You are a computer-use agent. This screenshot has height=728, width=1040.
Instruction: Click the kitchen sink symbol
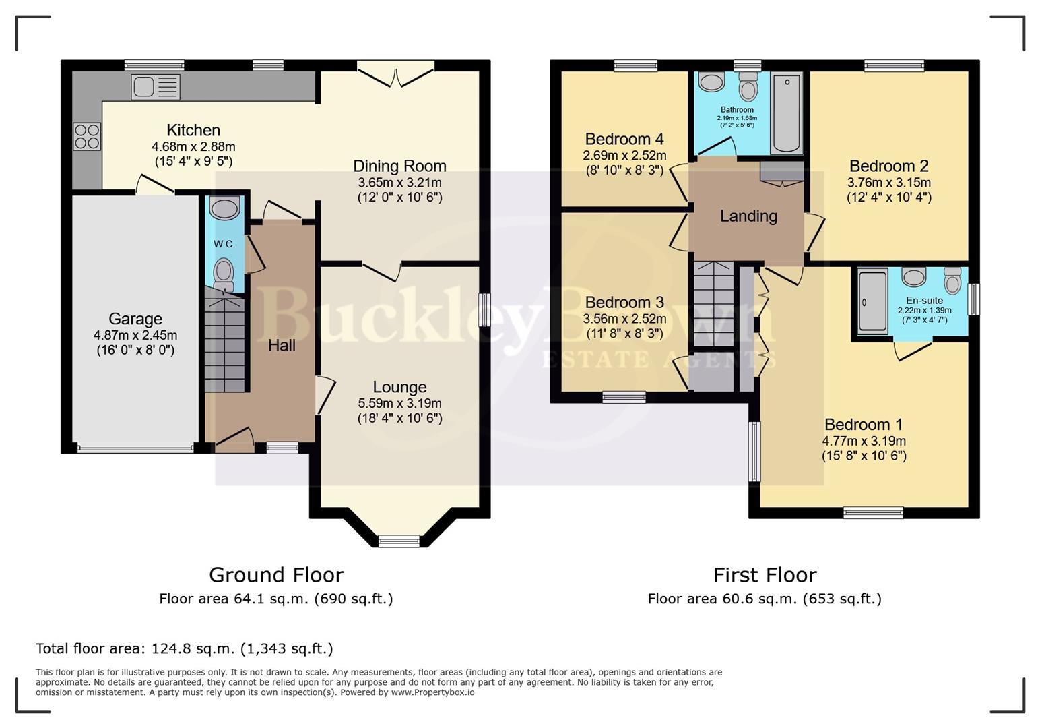tap(156, 87)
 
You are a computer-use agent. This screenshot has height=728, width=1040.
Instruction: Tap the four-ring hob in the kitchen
tap(87, 136)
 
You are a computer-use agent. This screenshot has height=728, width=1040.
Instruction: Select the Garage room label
tap(135, 319)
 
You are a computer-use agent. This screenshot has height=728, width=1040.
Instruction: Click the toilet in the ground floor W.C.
tap(224, 275)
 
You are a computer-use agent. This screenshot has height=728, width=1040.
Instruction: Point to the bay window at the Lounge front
tap(399, 540)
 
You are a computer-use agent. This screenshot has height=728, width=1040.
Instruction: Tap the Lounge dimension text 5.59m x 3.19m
tap(399, 404)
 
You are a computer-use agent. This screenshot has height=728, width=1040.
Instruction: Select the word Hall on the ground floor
tap(282, 345)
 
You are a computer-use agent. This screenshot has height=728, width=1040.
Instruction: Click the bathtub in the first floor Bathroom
tap(786, 113)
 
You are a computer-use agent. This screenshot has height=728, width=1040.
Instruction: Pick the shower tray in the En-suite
tap(873, 301)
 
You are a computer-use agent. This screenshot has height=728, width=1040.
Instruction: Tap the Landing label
tap(748, 216)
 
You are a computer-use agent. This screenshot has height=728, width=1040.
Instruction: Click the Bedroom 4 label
tap(624, 139)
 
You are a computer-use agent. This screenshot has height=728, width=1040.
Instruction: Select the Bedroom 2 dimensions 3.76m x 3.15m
tap(888, 183)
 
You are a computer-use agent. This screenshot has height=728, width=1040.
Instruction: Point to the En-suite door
tap(913, 349)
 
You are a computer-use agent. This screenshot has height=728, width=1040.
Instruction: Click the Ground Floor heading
tap(276, 575)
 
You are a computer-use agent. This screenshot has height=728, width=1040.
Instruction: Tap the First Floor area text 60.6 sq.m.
tap(765, 599)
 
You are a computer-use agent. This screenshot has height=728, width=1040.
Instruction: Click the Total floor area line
tap(184, 648)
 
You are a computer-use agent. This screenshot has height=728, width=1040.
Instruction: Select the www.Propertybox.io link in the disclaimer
tap(432, 692)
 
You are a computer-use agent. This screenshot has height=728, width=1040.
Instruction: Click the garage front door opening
tap(135, 448)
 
